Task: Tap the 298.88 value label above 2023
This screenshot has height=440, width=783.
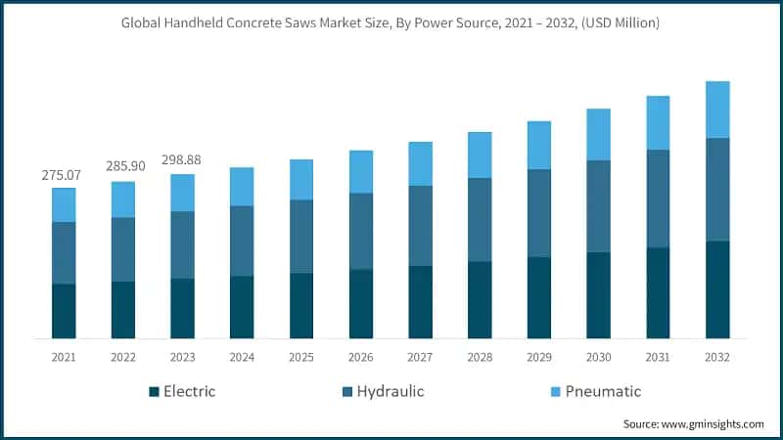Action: (x=182, y=159)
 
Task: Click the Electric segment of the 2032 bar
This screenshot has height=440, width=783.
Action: (x=717, y=289)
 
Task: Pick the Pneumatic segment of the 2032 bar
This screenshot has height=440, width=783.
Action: (x=717, y=110)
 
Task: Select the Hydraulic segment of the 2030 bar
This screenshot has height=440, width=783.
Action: (x=599, y=206)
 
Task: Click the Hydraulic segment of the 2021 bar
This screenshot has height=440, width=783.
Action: (x=64, y=253)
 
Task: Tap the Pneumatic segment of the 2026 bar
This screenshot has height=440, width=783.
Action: (x=361, y=172)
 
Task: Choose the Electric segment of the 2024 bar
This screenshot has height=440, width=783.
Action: (x=242, y=307)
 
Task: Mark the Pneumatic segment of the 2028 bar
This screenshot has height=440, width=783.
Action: (x=480, y=154)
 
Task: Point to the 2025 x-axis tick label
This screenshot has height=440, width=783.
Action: (x=301, y=358)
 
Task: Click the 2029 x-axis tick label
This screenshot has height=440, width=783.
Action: (x=539, y=358)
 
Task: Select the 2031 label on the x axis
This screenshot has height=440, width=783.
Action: (x=658, y=358)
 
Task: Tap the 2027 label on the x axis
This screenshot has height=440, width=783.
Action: (x=420, y=358)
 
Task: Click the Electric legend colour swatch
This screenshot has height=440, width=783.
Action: (x=154, y=392)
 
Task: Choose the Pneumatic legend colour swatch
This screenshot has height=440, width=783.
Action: (x=556, y=392)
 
